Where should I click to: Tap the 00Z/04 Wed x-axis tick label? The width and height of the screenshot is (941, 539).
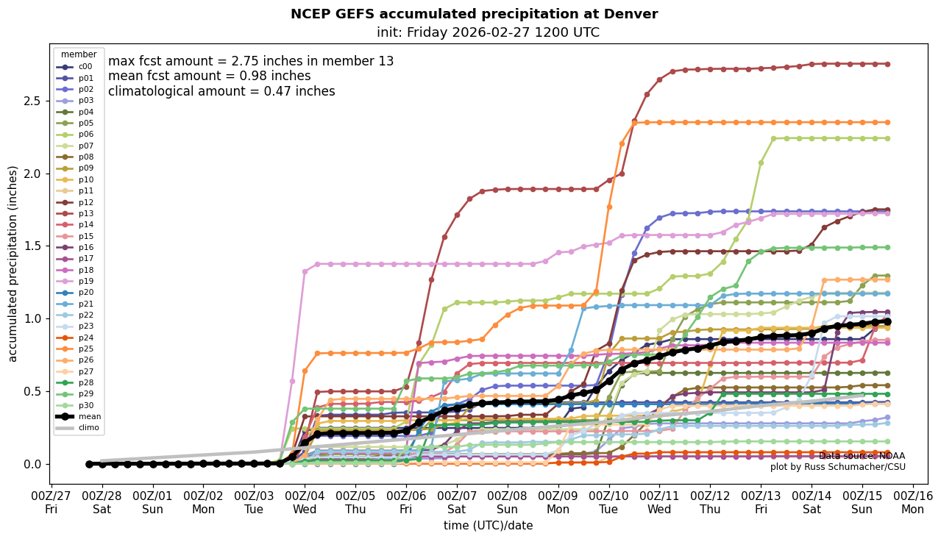click(305, 501)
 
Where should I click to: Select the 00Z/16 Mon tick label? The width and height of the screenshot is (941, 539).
click(913, 501)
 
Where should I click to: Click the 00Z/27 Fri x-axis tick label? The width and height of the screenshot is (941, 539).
click(52, 501)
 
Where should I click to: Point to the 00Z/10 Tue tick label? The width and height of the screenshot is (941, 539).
click(609, 501)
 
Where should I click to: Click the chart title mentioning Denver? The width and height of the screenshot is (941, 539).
click(474, 14)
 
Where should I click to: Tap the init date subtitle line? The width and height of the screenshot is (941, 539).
click(488, 32)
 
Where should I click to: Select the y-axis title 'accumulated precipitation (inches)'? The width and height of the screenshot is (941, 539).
click(13, 263)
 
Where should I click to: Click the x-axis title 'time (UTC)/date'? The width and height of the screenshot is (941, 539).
click(488, 526)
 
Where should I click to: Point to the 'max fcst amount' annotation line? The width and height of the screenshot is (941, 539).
click(251, 62)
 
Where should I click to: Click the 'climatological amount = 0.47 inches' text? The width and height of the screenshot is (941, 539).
click(221, 92)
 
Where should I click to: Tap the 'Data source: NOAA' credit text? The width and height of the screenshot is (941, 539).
click(862, 456)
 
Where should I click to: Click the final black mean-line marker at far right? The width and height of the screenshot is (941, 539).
click(887, 321)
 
